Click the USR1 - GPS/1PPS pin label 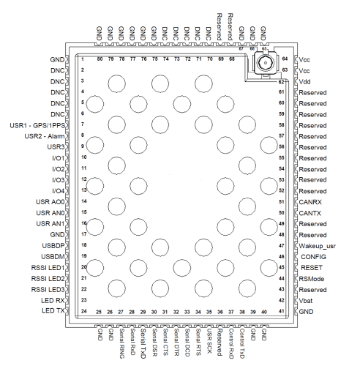[37, 125]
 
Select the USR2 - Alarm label [45, 136]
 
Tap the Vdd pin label [304, 81]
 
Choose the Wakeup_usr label [317, 246]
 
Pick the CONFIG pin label [313, 257]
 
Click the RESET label [312, 268]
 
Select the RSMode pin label [312, 279]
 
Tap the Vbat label [306, 301]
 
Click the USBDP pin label [53, 245]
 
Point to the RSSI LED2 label [48, 278]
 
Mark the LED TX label [53, 310]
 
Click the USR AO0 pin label [50, 202]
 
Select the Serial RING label [121, 343]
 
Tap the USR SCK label [209, 340]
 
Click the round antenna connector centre [265, 63]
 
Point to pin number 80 [100, 59]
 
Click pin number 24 [84, 311]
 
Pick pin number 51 [282, 202]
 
